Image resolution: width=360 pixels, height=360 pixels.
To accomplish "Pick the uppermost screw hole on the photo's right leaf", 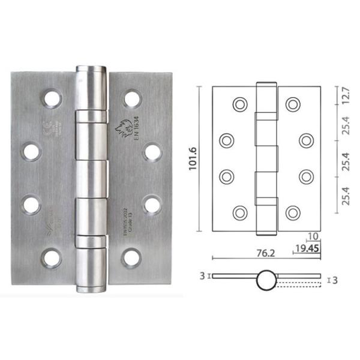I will (x=132, y=97).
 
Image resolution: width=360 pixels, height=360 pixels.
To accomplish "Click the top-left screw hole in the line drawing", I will (x=239, y=104).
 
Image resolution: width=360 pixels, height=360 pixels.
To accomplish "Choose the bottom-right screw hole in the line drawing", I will (x=292, y=212).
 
